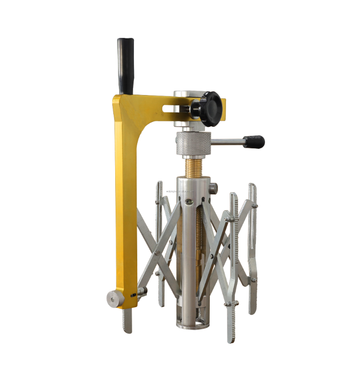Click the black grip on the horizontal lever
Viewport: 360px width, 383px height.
(253, 142)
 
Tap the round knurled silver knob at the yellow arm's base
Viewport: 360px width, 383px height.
(114, 299)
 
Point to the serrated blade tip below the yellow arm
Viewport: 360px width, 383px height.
(128, 320)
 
